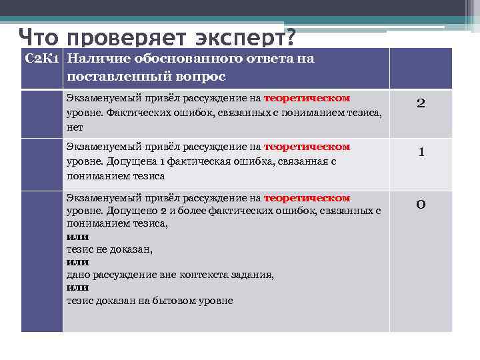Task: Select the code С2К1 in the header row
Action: pyautogui.click(x=43, y=59)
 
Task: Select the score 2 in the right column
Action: pyautogui.click(x=421, y=103)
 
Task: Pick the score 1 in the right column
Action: pyautogui.click(x=421, y=152)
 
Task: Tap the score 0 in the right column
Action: pyautogui.click(x=421, y=204)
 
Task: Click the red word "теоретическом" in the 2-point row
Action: pyautogui.click(x=307, y=98)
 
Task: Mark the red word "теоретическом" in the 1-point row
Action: pyautogui.click(x=307, y=147)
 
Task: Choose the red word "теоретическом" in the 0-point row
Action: pyautogui.click(x=307, y=198)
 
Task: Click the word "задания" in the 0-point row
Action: pyautogui.click(x=252, y=275)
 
